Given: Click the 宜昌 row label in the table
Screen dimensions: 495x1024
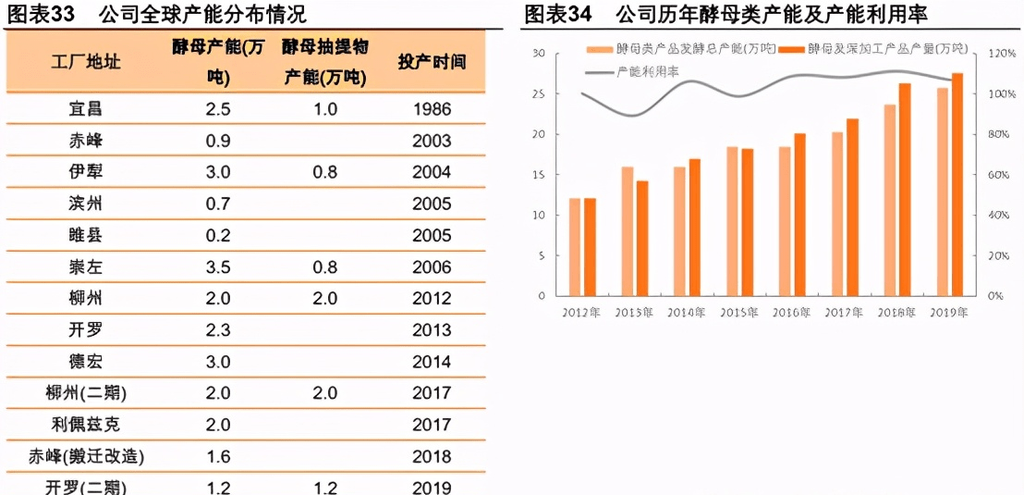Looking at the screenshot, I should point(85,109).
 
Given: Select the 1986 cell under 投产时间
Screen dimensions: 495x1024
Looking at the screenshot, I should point(432,109).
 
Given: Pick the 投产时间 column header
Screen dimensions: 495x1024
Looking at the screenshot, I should point(432,61).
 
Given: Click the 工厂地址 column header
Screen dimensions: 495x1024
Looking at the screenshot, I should point(85,61).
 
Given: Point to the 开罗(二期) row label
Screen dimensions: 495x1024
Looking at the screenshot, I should point(85,487).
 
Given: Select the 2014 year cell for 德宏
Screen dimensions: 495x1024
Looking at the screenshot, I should point(432,362).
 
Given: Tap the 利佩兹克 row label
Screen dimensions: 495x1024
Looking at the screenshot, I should point(85,425).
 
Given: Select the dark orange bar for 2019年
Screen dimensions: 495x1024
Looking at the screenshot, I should point(957,184).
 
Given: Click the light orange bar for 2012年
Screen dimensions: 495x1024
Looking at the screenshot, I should point(574,247).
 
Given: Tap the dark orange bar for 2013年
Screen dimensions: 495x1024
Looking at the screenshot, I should point(641,238).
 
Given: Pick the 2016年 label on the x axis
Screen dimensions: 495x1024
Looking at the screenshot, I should point(791,312).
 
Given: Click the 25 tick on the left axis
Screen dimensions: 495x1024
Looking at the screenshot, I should point(540,93).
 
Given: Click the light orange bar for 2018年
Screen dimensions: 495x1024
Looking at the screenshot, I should point(889,200).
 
